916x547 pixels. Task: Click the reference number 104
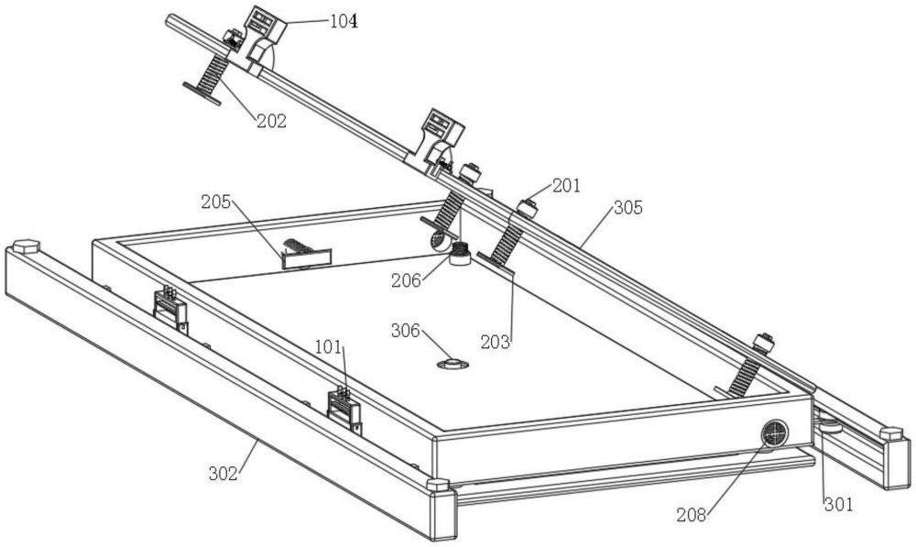343,22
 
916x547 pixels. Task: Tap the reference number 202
272,121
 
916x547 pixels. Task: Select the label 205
215,202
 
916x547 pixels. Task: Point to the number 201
566,186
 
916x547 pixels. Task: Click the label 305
628,207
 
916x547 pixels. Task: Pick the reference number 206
406,280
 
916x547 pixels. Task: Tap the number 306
406,331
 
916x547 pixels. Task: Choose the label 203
496,342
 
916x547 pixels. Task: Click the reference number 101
328,347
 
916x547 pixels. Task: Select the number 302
224,474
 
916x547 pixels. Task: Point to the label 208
691,516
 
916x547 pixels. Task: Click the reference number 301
839,504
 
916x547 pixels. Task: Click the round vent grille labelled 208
775,434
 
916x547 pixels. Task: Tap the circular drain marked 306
453,365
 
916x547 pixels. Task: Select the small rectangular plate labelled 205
307,258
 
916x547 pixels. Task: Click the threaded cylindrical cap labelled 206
461,254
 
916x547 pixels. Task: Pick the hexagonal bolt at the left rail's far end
27,246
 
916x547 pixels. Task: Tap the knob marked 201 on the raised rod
529,208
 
